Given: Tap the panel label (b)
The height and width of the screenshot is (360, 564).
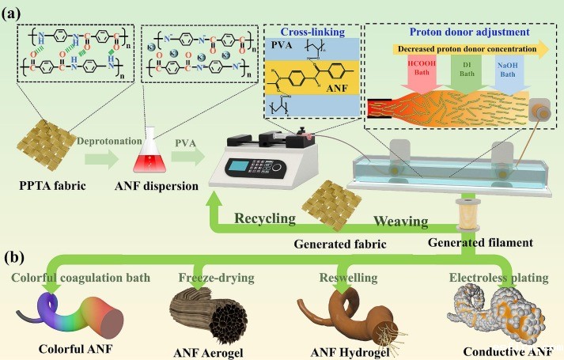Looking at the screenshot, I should point(18,259).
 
